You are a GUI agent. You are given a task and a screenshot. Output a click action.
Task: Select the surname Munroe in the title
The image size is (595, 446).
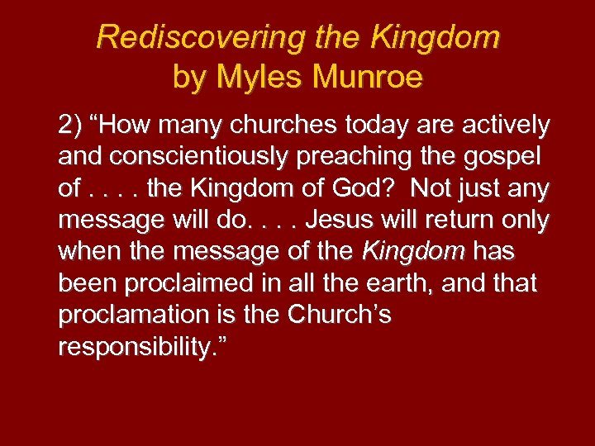pyautogui.click(x=363, y=78)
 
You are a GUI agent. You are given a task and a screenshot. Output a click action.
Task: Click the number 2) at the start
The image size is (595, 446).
pyautogui.click(x=69, y=126)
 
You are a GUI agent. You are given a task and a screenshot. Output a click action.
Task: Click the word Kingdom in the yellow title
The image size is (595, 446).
pyautogui.click(x=436, y=37)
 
